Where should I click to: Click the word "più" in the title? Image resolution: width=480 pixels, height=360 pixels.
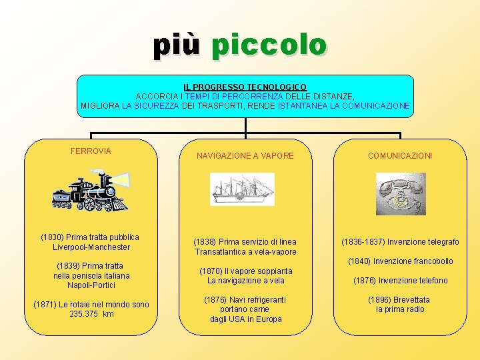point(177,45)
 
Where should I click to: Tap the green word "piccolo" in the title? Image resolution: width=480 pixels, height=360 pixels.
point(269,45)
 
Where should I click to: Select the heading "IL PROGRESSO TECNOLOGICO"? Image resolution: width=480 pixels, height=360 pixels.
point(245,87)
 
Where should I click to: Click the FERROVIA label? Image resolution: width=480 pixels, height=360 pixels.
point(91,151)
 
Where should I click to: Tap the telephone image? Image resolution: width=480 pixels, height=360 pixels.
point(400,193)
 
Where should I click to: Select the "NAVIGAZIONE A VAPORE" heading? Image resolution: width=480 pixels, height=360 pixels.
point(245,156)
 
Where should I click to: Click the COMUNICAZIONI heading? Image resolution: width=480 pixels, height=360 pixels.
point(400,156)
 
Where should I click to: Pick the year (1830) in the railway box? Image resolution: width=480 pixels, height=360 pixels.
point(53,237)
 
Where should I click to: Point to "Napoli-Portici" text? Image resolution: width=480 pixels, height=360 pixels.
point(92,285)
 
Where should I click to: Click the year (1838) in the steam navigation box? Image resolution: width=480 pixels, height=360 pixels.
point(205,242)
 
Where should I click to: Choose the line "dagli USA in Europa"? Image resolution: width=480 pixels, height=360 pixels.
point(245,319)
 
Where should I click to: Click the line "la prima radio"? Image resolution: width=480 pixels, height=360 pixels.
point(400,309)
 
